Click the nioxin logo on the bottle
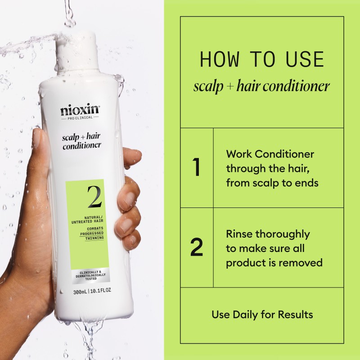80,110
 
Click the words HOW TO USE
262,60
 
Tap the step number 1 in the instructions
196,167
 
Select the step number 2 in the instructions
196,247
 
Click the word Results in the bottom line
295,314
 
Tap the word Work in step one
238,154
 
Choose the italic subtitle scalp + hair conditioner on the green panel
262,86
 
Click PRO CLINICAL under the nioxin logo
80,118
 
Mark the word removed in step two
304,262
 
